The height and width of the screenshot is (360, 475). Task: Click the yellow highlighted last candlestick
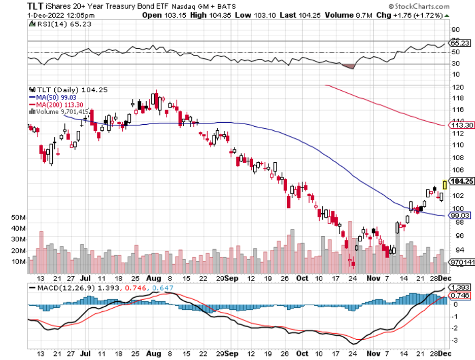coord(445,185)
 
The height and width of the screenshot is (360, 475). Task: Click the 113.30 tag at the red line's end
coord(462,125)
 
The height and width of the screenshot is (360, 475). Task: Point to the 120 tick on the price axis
coord(457,87)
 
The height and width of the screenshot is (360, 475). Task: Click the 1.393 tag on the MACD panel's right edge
coord(461,287)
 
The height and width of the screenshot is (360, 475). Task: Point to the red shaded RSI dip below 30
coord(349,66)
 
